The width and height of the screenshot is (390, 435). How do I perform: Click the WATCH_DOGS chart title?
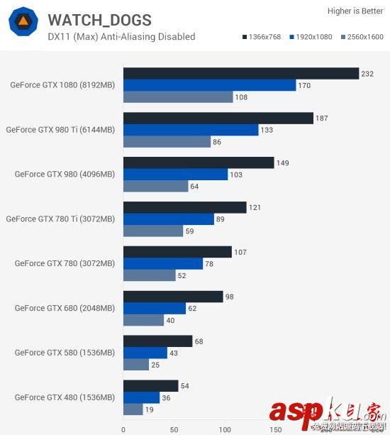pyautogui.click(x=99, y=20)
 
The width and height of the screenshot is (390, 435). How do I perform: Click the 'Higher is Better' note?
pyautogui.click(x=354, y=11)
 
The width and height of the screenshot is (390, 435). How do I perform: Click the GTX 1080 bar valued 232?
pyautogui.click(x=241, y=73)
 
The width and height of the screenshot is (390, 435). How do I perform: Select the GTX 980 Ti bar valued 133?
pyautogui.click(x=191, y=130)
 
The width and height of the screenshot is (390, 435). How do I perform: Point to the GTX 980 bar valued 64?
pyautogui.click(x=156, y=186)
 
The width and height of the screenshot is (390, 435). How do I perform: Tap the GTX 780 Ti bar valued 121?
pyautogui.click(x=184, y=207)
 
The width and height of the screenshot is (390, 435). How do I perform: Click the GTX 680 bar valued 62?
pyautogui.click(x=155, y=308)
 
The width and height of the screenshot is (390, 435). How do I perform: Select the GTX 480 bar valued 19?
pyautogui.click(x=133, y=409)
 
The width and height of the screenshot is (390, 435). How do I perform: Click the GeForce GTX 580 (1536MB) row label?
pyautogui.click(x=65, y=353)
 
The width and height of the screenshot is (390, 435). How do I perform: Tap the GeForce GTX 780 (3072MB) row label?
pyautogui.click(x=65, y=263)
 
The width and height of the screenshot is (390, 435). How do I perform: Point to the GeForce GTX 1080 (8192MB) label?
pyautogui.click(x=62, y=84)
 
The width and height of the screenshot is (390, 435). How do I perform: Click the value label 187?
pyautogui.click(x=321, y=118)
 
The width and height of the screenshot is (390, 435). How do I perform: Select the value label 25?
pyautogui.click(x=155, y=365)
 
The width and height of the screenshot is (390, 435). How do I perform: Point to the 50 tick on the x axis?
pyautogui.click(x=174, y=429)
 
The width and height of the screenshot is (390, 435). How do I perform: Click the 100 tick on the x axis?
pyautogui.click(x=225, y=429)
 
